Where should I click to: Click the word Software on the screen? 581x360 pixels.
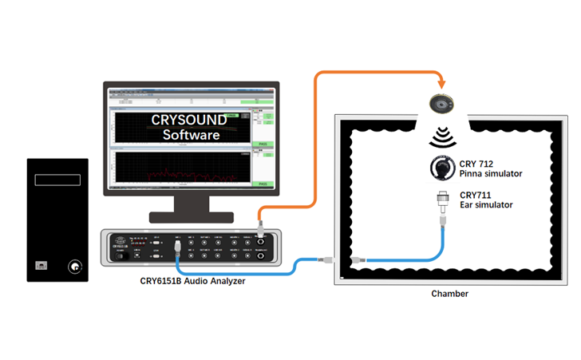coord(191,135)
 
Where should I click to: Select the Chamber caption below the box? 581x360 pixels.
coord(449,294)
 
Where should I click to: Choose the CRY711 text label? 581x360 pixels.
coord(475,194)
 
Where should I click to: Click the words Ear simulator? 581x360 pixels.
coord(486,205)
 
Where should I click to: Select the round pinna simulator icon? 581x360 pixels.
coord(441,168)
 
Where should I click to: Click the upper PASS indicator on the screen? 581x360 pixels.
coord(262,144)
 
